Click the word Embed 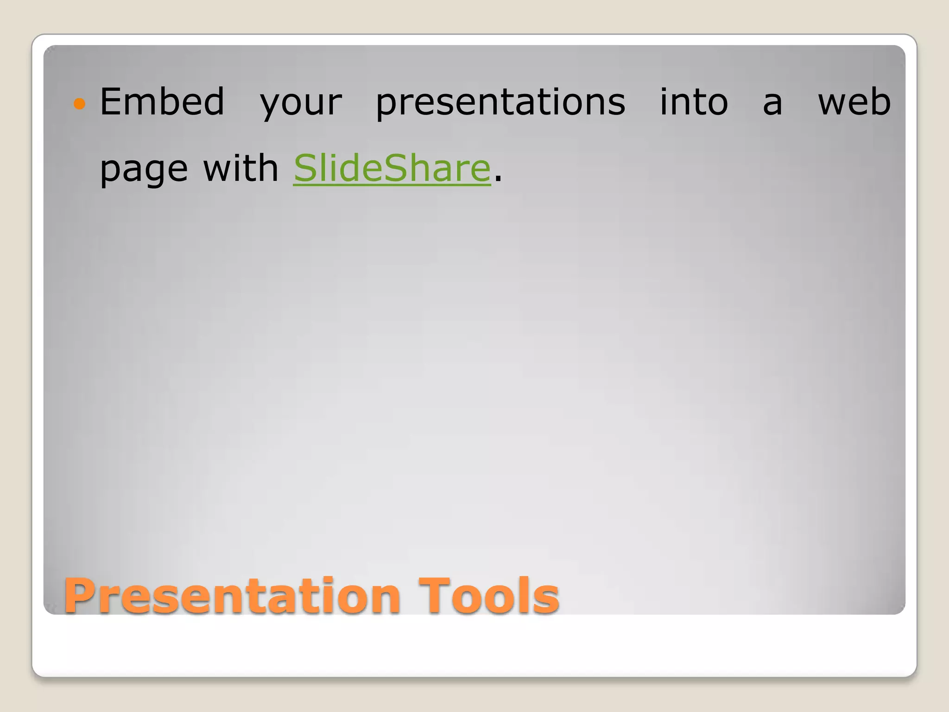click(162, 102)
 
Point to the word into click(694, 102)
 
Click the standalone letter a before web click(772, 104)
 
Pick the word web click(854, 102)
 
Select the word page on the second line click(144, 170)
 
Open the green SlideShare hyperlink click(392, 168)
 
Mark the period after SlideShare click(498, 179)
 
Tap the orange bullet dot click(80, 103)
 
